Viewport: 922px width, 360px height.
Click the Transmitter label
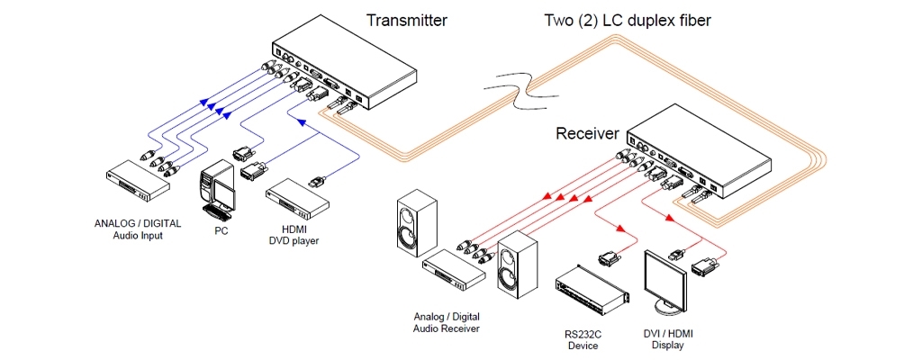pos(405,19)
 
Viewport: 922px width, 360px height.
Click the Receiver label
pos(587,134)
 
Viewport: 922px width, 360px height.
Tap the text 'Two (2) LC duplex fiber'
pos(628,19)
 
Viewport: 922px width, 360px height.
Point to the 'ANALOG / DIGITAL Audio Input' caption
pos(138,229)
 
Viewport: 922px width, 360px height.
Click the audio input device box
pos(138,183)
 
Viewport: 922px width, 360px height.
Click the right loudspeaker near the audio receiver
pos(517,267)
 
